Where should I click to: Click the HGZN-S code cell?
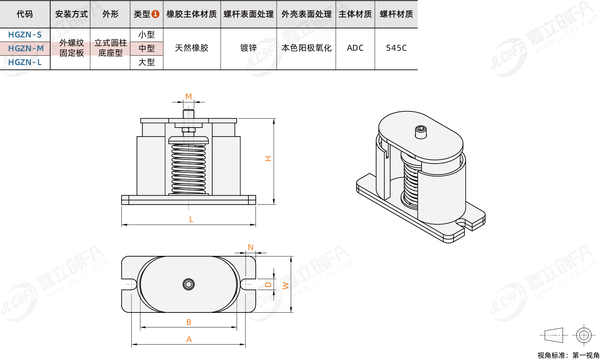(25, 35)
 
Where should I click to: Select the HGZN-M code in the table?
(26, 48)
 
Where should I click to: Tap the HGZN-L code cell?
(25, 62)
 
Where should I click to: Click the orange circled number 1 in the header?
(155, 14)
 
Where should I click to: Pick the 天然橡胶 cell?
(191, 48)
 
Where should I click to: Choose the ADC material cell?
(355, 48)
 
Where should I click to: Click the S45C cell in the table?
(396, 48)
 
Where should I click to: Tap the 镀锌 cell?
(248, 48)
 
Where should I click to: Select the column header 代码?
(25, 14)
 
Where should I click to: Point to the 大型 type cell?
(146, 62)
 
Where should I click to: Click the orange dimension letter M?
(189, 97)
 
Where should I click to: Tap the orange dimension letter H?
(268, 159)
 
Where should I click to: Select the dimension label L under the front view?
(191, 219)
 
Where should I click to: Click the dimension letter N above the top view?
(251, 247)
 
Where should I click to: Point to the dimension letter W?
(285, 286)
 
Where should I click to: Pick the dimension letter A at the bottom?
(189, 339)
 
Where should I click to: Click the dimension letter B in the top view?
(189, 322)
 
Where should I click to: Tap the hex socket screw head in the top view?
(189, 284)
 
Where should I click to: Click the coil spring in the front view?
(189, 169)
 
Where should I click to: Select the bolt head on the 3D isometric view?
(421, 131)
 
